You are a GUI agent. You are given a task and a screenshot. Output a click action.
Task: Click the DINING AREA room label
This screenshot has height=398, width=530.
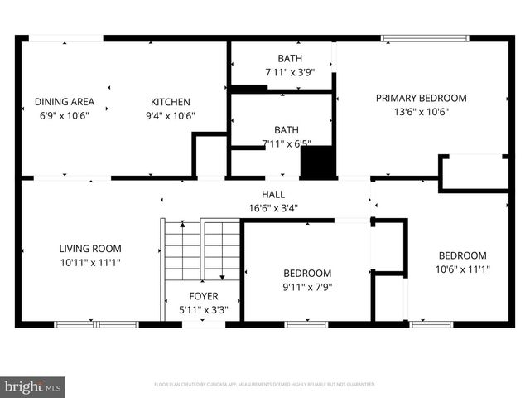pyautogui.click(x=64, y=102)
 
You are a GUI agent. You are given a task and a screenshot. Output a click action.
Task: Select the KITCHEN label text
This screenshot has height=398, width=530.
pyautogui.click(x=170, y=102)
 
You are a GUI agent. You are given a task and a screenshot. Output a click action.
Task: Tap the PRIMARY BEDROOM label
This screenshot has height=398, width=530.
pyautogui.click(x=421, y=98)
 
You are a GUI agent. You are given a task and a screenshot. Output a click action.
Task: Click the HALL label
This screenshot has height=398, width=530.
pyautogui.click(x=274, y=195)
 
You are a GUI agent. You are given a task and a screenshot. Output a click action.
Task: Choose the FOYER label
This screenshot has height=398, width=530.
pyautogui.click(x=203, y=296)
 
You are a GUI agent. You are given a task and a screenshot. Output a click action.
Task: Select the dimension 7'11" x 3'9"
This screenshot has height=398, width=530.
pyautogui.click(x=290, y=72)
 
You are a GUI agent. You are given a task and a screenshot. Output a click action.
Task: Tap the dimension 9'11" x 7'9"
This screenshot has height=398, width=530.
pyautogui.click(x=307, y=288)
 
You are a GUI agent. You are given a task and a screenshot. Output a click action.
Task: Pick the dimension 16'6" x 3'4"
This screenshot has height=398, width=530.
pyautogui.click(x=274, y=209)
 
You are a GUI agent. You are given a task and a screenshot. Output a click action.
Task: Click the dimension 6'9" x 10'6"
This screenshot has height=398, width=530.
pyautogui.click(x=64, y=116)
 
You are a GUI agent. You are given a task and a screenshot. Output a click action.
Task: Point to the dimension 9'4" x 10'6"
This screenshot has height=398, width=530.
pyautogui.click(x=170, y=116)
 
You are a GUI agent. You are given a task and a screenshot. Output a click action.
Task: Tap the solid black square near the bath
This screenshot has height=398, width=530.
pyautogui.click(x=319, y=162)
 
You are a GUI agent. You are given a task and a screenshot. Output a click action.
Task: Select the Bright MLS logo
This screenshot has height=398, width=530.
pyautogui.click(x=32, y=386)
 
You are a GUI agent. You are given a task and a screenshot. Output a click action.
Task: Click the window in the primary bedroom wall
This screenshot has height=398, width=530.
pyautogui.click(x=422, y=37)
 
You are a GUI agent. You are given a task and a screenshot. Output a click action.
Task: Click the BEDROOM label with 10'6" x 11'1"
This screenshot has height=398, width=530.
pyautogui.click(x=462, y=255)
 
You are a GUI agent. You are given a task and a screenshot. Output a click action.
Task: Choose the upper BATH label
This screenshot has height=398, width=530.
pyautogui.click(x=290, y=58)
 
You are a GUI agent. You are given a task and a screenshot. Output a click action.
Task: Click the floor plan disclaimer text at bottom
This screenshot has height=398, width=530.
pyautogui.click(x=265, y=385)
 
